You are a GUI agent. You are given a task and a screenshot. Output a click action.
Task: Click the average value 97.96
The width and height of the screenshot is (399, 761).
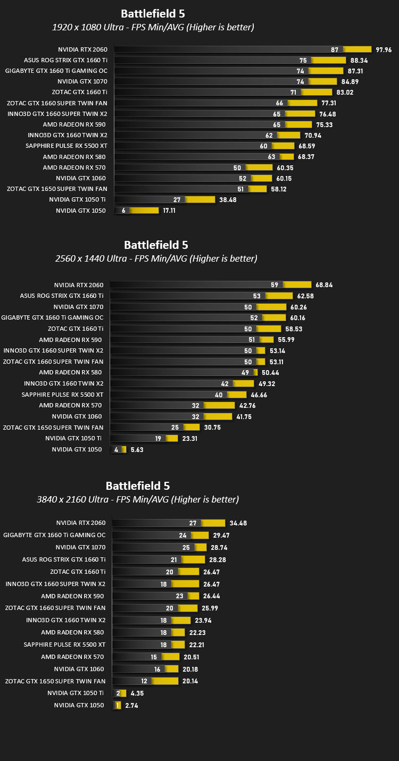384,50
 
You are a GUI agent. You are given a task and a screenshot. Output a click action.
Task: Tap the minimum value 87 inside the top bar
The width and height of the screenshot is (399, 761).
335,49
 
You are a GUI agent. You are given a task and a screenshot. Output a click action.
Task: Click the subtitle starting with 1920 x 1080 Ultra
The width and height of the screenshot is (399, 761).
153,27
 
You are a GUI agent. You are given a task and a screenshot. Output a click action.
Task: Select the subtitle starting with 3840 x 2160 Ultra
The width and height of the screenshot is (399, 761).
138,499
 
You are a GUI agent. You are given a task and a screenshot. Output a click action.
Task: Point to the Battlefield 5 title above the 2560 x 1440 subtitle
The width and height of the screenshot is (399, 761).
156,245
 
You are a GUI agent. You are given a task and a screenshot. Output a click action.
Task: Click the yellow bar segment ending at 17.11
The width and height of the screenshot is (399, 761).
144,211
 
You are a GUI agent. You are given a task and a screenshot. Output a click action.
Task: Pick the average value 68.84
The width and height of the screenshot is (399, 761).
324,285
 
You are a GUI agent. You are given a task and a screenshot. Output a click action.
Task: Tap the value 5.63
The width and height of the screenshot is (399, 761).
137,450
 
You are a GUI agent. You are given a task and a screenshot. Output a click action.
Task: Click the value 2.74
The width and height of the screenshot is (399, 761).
131,706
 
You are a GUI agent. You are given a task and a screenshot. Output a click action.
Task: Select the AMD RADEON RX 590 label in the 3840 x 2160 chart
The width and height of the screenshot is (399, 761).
72,596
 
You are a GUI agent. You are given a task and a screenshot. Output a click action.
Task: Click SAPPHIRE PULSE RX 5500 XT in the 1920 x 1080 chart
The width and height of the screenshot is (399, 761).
66,146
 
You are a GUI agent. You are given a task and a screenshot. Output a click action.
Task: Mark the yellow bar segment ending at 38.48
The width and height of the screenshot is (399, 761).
200,200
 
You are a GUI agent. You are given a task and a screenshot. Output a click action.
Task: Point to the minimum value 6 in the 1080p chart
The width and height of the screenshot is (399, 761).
123,211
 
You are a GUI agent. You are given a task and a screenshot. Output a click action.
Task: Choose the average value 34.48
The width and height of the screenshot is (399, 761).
238,523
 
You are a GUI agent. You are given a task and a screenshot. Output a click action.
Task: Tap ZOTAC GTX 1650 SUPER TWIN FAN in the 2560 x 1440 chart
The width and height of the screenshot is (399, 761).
53,428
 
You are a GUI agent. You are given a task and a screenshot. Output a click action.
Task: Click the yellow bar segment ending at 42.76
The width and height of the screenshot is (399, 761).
219,405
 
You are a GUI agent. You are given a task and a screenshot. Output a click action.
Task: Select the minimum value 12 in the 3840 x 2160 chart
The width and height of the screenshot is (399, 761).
144,681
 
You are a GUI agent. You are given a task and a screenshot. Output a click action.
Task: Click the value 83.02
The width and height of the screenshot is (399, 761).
345,93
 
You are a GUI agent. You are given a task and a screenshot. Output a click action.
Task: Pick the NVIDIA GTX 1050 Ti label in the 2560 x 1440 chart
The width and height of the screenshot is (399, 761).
73,439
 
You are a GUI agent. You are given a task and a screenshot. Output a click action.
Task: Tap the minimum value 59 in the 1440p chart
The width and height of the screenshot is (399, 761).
275,285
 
